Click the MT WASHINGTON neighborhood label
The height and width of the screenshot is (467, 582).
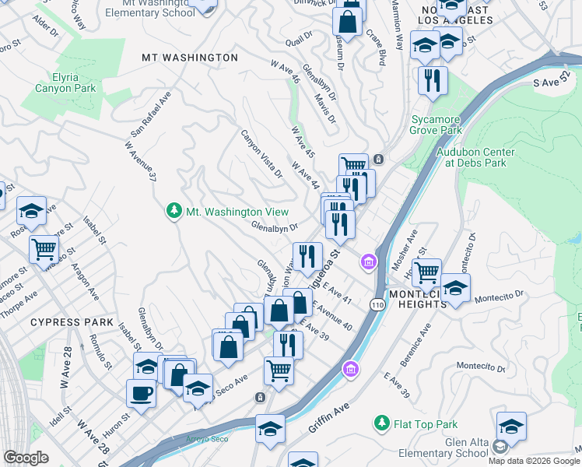point(190,58)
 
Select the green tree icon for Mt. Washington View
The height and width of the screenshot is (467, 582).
point(174,211)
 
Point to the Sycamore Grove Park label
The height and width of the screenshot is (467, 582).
point(436,125)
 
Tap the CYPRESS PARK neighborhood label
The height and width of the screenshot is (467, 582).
point(72,321)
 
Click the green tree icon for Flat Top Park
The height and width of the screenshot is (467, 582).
point(381,423)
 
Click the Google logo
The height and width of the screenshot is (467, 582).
point(26,458)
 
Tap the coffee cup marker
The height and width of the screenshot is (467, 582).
point(141,393)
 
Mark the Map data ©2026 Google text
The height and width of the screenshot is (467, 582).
point(534,461)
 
